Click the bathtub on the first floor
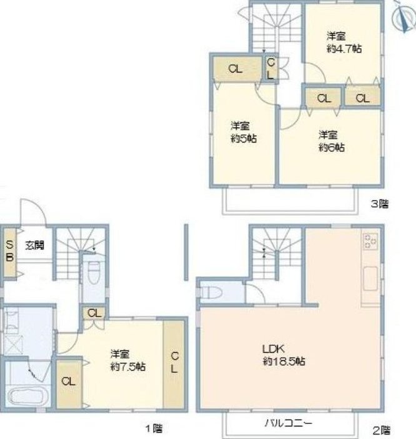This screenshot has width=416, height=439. [28, 396]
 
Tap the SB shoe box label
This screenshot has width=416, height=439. [10, 251]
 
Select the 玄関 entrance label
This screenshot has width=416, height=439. [35, 246]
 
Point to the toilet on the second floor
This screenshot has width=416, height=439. [212, 293]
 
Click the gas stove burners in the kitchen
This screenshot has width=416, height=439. [370, 241]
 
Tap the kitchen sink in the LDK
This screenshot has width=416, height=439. [370, 279]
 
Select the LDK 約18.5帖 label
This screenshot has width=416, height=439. [284, 355]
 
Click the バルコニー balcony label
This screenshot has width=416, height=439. [288, 423]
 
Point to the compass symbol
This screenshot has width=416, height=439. [404, 17]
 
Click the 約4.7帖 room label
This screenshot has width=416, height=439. [344, 49]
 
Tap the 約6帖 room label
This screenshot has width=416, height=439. [332, 148]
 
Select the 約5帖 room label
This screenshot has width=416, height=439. [244, 139]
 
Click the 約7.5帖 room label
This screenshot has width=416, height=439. [128, 366]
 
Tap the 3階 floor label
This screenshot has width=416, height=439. [379, 204]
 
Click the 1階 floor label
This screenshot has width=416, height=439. [154, 428]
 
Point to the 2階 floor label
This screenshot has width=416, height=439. [381, 430]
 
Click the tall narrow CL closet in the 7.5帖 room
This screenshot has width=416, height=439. [174, 364]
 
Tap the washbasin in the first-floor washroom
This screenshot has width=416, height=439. [11, 319]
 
